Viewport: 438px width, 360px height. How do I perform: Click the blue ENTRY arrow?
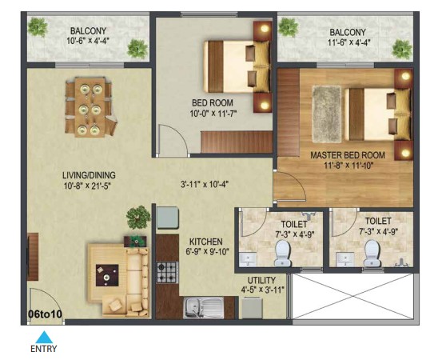tap(44, 337)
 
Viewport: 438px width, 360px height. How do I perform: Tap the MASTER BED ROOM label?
tap(348, 155)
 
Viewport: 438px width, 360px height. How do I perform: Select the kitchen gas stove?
tap(167, 272)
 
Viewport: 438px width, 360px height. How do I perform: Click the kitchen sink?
tap(203, 308)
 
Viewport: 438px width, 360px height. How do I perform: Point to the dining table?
tap(90, 108)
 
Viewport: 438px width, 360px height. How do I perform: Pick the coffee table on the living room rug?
tap(107, 275)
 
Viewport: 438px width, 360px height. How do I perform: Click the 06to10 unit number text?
tap(45, 314)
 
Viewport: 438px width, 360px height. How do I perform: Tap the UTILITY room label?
tap(261, 280)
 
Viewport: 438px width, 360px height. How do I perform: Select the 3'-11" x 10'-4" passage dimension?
tap(205, 185)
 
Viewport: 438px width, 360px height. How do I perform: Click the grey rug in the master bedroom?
tap(327, 114)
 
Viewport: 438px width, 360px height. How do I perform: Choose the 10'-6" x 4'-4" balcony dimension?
tap(88, 41)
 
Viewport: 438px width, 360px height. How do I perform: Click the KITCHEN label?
tap(206, 242)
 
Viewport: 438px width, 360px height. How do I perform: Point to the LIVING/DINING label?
tap(89, 175)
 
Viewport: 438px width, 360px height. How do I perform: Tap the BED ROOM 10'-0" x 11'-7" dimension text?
tap(213, 114)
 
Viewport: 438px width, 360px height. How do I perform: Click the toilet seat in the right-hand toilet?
tap(372, 254)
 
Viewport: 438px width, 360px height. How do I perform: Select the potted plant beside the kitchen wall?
tap(138, 218)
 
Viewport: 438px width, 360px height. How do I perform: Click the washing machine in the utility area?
tap(252, 308)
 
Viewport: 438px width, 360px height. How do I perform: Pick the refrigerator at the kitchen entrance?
tap(167, 218)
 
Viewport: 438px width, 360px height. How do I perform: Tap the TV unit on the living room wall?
tap(33, 257)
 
